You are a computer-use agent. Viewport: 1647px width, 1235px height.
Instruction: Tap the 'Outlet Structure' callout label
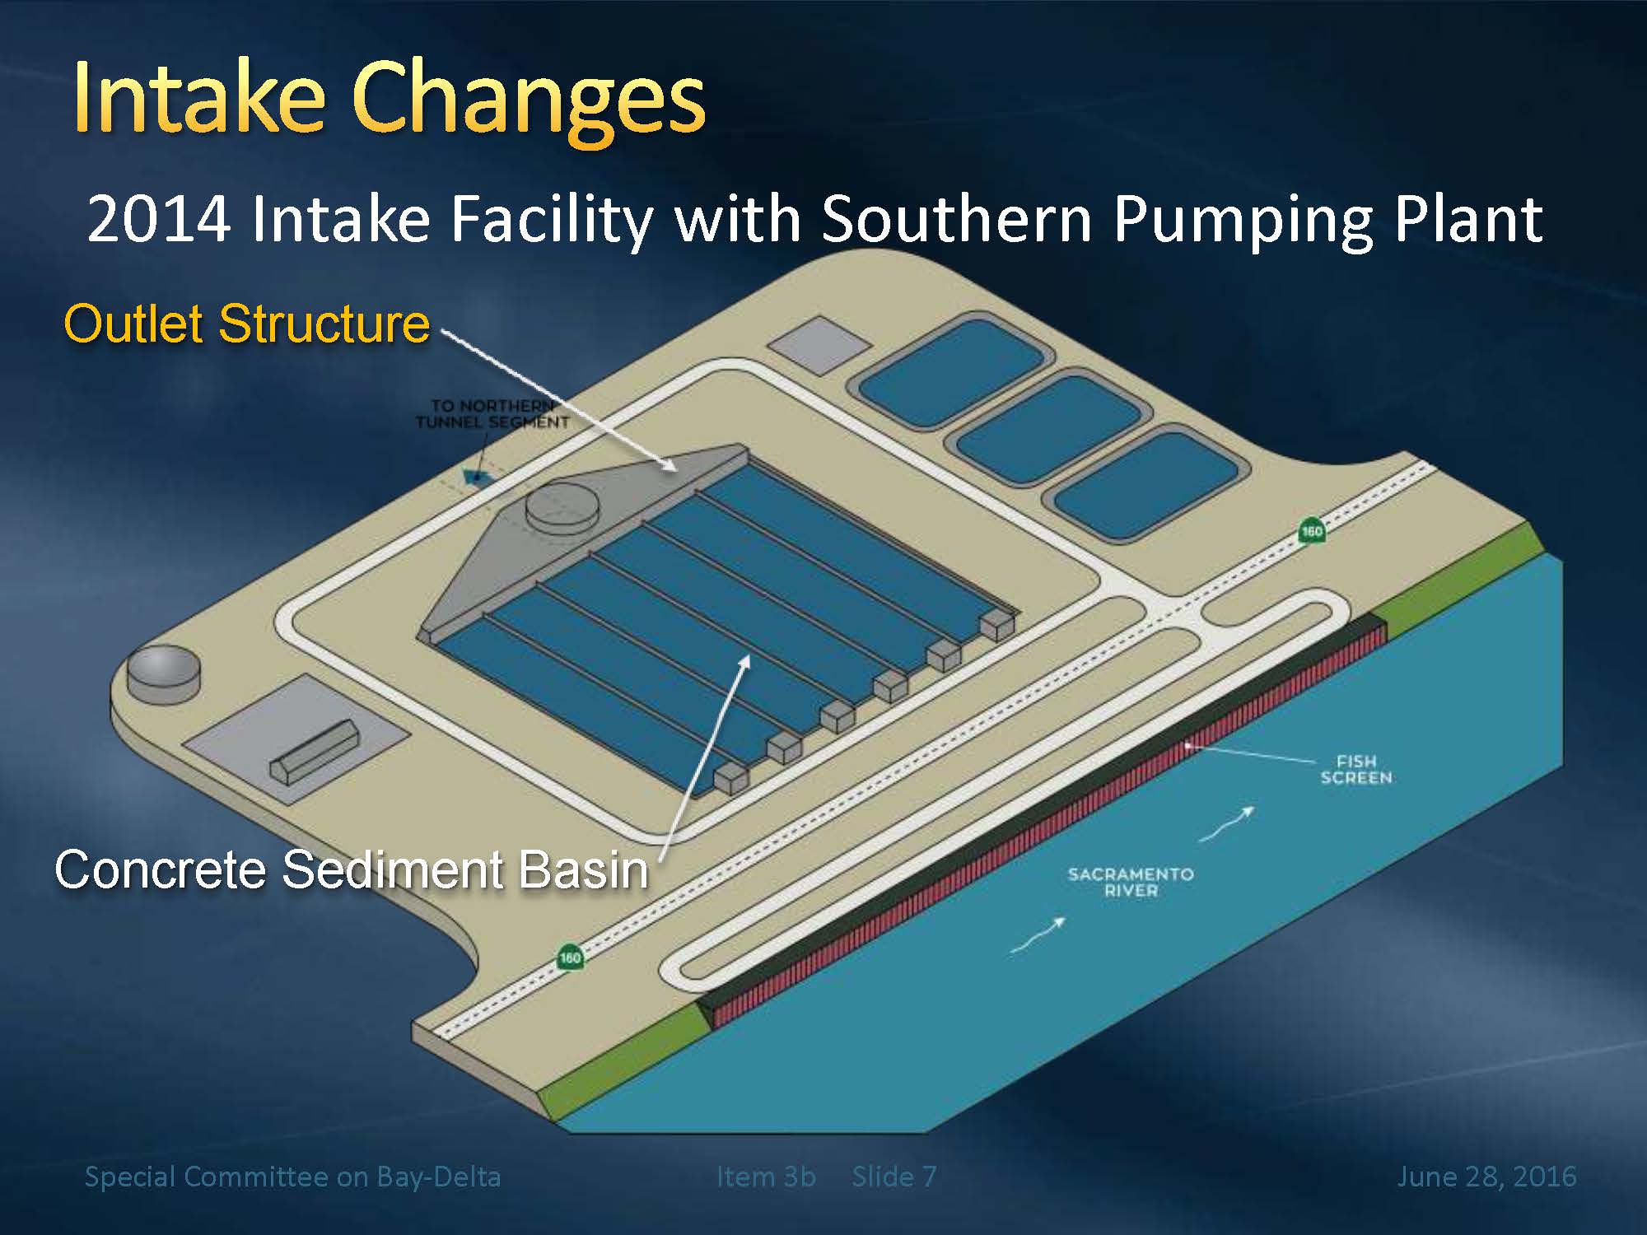coord(246,323)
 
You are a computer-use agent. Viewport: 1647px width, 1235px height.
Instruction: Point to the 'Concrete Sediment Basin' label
coord(352,869)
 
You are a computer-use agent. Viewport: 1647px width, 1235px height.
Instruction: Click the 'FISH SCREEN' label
coord(1356,770)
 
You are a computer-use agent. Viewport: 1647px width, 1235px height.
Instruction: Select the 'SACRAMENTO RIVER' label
coord(1131,882)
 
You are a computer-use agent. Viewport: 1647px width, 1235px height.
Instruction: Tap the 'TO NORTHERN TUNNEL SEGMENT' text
coord(492,414)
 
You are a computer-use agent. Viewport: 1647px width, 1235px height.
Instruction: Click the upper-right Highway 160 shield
coord(1312,530)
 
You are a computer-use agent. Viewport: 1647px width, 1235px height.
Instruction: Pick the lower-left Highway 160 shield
coord(570,957)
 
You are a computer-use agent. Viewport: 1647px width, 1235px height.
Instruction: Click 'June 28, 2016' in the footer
coord(1486,1176)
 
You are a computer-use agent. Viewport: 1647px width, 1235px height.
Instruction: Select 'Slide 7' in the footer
coord(894,1176)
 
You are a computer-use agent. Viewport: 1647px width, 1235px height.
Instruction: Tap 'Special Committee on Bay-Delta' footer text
coord(292,1177)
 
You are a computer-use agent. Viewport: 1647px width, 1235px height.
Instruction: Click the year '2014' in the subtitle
coord(158,219)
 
